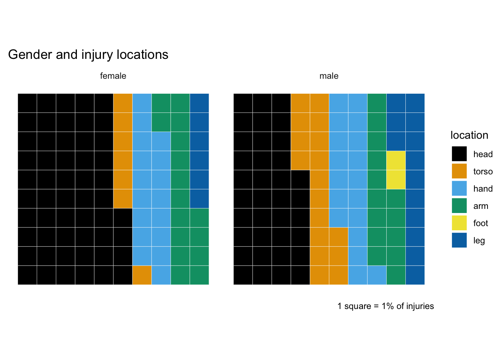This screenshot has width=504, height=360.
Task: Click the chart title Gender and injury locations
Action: click(88, 55)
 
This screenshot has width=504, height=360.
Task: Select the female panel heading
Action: click(113, 76)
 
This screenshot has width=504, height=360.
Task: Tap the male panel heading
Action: click(329, 76)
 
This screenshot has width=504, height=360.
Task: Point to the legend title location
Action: click(469, 135)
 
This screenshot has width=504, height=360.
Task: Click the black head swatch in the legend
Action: click(459, 154)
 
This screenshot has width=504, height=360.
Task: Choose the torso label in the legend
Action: click(483, 172)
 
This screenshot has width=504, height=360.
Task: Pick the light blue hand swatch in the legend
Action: click(459, 188)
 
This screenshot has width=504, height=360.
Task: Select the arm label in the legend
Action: click(480, 206)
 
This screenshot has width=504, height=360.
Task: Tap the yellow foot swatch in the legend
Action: click(459, 223)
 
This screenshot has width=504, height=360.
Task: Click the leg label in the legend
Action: click(479, 241)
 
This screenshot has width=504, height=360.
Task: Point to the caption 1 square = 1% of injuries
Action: click(385, 306)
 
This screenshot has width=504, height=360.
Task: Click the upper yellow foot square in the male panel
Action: click(396, 160)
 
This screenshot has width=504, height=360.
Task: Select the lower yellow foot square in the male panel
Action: click(396, 180)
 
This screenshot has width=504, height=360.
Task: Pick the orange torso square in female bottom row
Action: click(142, 275)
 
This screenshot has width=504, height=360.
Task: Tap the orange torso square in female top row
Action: click(123, 103)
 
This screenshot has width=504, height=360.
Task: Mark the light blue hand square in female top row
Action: click(142, 103)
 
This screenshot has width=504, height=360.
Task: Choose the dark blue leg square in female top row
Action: click(199, 103)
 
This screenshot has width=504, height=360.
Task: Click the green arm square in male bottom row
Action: click(396, 275)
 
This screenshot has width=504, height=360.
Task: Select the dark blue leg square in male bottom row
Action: click(415, 275)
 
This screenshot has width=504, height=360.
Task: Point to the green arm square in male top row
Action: click(377, 103)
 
